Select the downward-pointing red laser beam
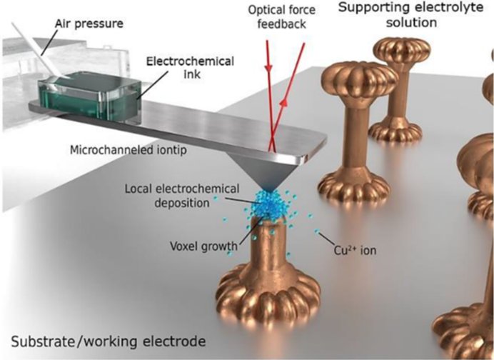268,86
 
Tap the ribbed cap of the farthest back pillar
403,53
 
